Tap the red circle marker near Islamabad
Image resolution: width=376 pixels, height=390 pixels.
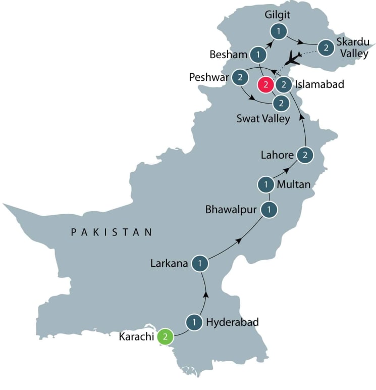[265, 84]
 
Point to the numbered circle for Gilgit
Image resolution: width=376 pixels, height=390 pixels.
[278, 31]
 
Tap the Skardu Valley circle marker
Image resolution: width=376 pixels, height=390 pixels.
[326, 48]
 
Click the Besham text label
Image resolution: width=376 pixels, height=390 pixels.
[228, 54]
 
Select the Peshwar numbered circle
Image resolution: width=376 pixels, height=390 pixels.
[240, 77]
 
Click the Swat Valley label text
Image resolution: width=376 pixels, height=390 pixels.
[263, 119]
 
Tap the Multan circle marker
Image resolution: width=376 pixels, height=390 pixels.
[265, 184]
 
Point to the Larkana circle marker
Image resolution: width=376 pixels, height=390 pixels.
[200, 263]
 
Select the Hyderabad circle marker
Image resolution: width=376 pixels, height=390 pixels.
[193, 322]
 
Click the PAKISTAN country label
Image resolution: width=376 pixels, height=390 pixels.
[111, 232]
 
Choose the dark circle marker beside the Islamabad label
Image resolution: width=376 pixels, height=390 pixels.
[284, 84]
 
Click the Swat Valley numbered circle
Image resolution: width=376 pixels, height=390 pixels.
[281, 104]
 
